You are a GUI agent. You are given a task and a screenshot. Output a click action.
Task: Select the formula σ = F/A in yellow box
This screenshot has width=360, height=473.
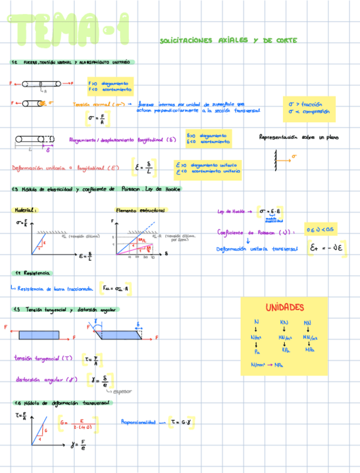[x=98, y=118]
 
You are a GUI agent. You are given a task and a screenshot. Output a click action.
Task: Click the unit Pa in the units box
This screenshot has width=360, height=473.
[x=257, y=351]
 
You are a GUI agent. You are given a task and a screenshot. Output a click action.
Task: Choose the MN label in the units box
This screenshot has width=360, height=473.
[x=308, y=322]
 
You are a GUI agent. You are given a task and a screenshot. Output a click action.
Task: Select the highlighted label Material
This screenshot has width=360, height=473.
[x=26, y=210]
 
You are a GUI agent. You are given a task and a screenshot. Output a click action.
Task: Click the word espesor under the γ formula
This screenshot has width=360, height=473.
[x=122, y=391]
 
